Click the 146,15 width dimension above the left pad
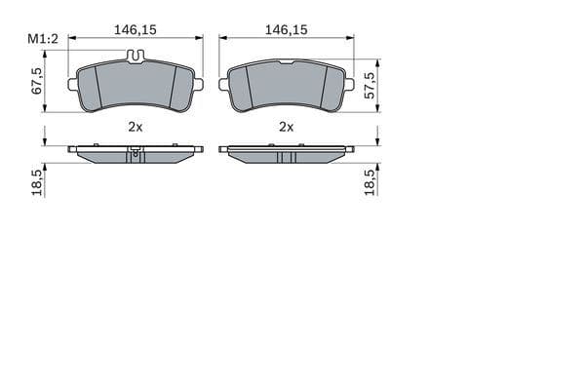pyautogui.click(x=136, y=30)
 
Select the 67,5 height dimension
pyautogui.click(x=37, y=80)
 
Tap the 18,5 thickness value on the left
pyautogui.click(x=37, y=182)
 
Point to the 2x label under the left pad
pyautogui.click(x=136, y=127)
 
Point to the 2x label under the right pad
pyautogui.click(x=286, y=127)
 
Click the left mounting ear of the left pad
pyautogui.click(x=73, y=85)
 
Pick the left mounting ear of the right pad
pyautogui.click(x=225, y=82)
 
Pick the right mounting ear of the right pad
pyautogui.click(x=347, y=82)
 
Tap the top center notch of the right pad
pyautogui.click(x=286, y=62)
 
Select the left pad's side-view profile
pyautogui.click(x=136, y=154)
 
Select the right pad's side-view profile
pyautogui.click(x=286, y=154)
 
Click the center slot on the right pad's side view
pyautogui.click(x=286, y=156)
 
